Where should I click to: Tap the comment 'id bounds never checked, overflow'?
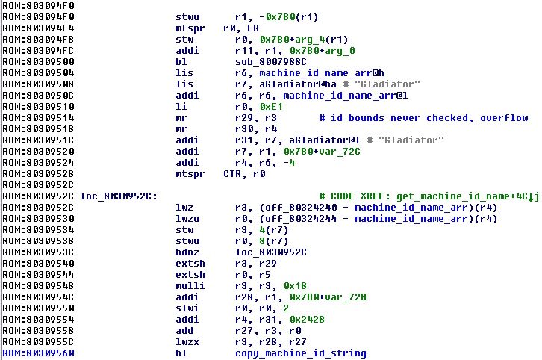point(423,117)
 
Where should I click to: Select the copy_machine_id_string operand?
point(300,353)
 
